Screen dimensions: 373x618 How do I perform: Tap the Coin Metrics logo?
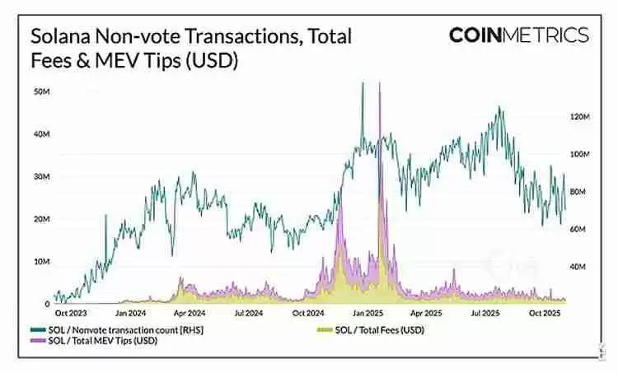pyautogui.click(x=518, y=35)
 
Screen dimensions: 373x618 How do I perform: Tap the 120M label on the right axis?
pyautogui.click(x=580, y=118)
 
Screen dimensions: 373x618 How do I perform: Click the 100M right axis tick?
pyautogui.click(x=580, y=155)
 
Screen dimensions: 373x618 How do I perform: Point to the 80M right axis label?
pyautogui.click(x=580, y=192)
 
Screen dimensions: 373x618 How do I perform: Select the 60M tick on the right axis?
pyautogui.click(x=580, y=229)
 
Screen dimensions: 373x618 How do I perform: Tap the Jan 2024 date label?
pyautogui.click(x=132, y=314)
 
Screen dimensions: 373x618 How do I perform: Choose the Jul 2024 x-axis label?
pyautogui.click(x=248, y=314)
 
